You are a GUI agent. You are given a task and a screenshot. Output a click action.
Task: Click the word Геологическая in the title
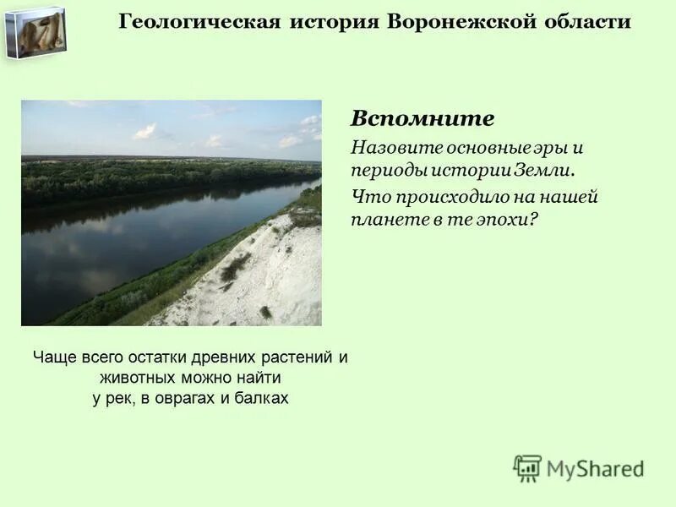(x=199, y=22)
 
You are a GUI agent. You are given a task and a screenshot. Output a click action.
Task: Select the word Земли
(x=547, y=171)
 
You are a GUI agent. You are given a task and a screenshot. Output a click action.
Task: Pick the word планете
(x=383, y=220)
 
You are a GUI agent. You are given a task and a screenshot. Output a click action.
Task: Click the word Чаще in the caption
(x=53, y=357)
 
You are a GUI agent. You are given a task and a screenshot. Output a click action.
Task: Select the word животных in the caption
(x=136, y=378)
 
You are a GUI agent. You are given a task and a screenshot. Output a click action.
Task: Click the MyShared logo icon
(x=528, y=468)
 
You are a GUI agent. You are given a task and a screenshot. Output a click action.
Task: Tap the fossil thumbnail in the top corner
(x=35, y=31)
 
